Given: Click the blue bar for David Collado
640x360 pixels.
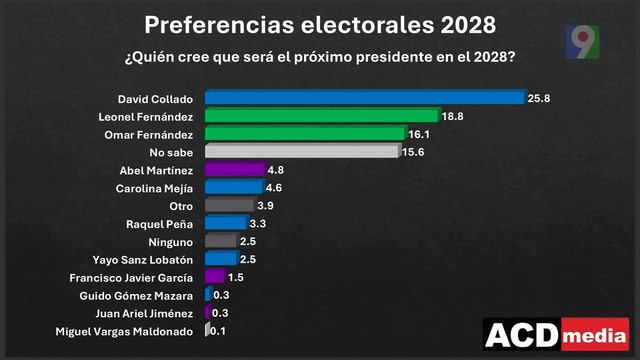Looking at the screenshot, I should pyautogui.click(x=365, y=97).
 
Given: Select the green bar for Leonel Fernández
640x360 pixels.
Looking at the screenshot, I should pyautogui.click(x=322, y=115).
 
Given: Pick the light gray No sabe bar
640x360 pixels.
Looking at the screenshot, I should pyautogui.click(x=303, y=151).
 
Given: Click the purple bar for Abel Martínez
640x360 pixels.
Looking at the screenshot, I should pyautogui.click(x=234, y=169).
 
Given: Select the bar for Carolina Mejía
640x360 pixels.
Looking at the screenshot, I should pyautogui.click(x=233, y=187).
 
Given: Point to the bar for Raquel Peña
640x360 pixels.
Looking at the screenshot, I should pyautogui.click(x=225, y=223).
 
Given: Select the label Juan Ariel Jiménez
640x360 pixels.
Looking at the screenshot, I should pyautogui.click(x=150, y=313).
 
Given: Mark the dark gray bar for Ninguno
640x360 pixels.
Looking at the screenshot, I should pyautogui.click(x=220, y=241).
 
